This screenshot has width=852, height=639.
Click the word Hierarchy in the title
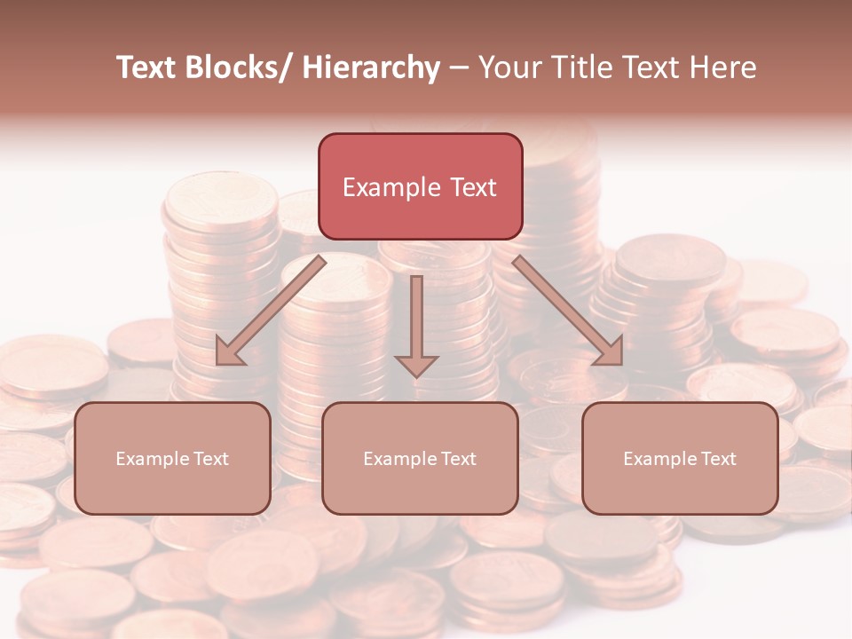371,67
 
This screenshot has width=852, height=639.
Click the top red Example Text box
420,186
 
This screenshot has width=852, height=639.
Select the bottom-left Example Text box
172,458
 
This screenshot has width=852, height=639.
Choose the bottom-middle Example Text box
420,458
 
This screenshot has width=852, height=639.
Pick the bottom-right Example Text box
680,458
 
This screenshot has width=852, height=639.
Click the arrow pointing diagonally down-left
271,311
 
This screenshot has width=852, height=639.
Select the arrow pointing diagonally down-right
568,311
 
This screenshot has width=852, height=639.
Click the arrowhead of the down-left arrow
230,352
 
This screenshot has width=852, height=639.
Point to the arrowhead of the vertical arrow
416,365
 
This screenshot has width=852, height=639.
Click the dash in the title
458,68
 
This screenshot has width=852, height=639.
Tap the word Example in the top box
391,187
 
